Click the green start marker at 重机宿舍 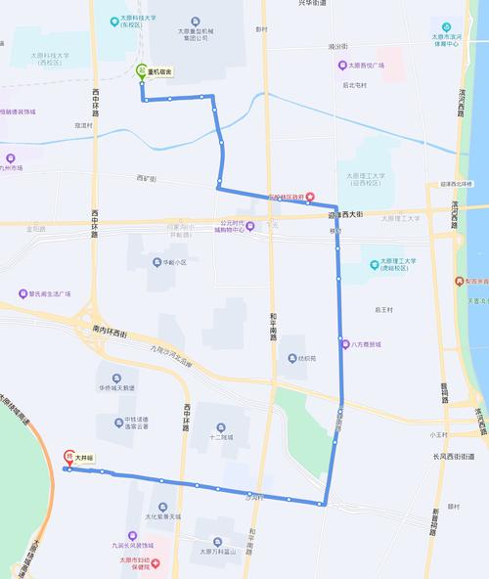click(x=141, y=69)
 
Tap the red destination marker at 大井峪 click(x=68, y=456)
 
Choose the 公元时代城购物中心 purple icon click(x=250, y=227)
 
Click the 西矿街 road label click(x=147, y=178)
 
